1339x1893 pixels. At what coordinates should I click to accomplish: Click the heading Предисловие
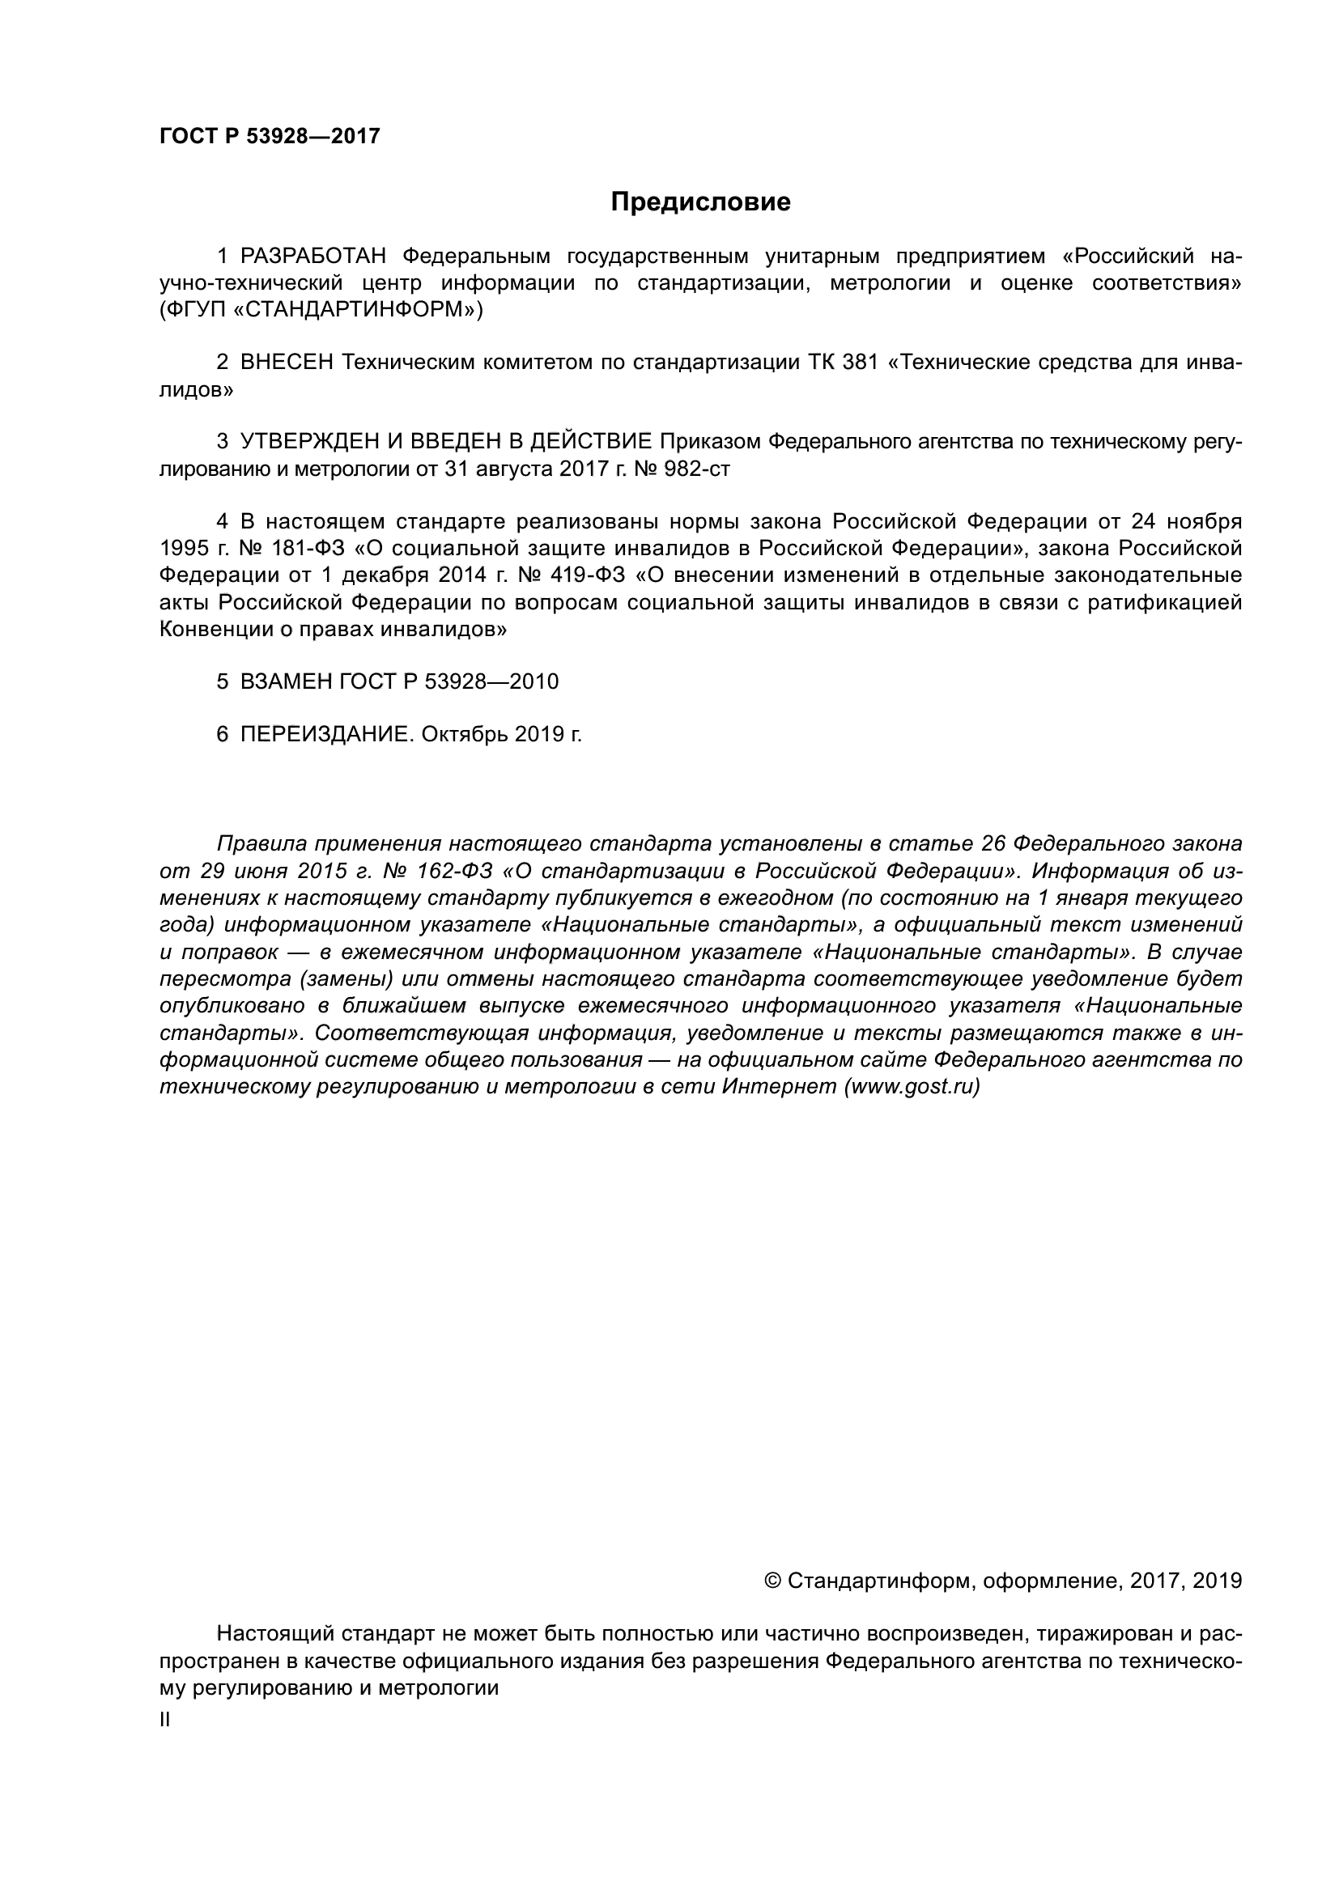point(700,202)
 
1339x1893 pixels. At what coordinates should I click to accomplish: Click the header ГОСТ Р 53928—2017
point(270,137)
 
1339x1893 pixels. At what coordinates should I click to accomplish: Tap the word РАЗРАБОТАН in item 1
point(313,257)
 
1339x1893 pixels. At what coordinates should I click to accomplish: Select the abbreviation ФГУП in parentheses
point(193,310)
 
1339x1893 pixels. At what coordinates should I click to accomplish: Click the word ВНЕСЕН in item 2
point(286,363)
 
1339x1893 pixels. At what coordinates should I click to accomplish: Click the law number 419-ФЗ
point(586,575)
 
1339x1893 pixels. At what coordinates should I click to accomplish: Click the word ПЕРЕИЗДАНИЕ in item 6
point(325,735)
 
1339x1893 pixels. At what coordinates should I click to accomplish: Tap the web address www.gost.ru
point(912,1087)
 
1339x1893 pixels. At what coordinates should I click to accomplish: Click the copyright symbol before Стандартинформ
point(772,1581)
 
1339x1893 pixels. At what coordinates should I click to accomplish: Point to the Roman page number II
point(165,1720)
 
